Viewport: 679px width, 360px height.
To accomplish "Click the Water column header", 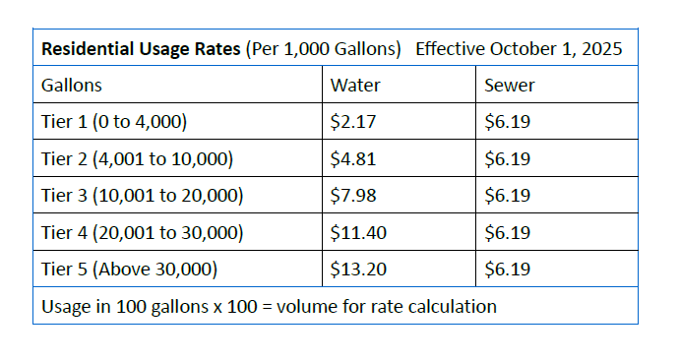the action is (x=355, y=86).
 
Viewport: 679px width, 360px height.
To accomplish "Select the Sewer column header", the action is (x=510, y=86).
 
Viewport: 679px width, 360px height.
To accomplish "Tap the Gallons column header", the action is (x=72, y=86).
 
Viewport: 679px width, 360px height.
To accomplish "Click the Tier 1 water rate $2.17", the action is (x=353, y=122).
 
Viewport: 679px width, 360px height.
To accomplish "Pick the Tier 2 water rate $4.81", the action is (x=353, y=158).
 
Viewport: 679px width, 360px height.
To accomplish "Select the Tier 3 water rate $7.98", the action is (x=353, y=195).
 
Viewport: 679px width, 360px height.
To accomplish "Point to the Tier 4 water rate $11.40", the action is (x=358, y=233).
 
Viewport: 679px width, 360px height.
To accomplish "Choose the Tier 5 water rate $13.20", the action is (x=358, y=270).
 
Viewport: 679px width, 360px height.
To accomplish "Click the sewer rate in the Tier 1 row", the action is (x=508, y=122).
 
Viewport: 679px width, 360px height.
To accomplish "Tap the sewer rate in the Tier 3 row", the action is (x=508, y=195).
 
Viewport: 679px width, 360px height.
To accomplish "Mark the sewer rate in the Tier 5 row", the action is (x=508, y=270).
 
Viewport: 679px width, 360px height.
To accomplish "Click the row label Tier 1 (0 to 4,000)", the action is (x=114, y=122).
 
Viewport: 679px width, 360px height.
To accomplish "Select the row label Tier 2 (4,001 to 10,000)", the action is (x=137, y=158).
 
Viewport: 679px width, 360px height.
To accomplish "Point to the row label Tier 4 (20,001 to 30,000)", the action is (x=143, y=233).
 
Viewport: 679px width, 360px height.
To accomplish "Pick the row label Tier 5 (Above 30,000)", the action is (x=130, y=270).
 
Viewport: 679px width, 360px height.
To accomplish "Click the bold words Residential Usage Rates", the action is (x=141, y=49).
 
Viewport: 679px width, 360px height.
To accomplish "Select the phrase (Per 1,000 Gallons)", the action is (x=324, y=49).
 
